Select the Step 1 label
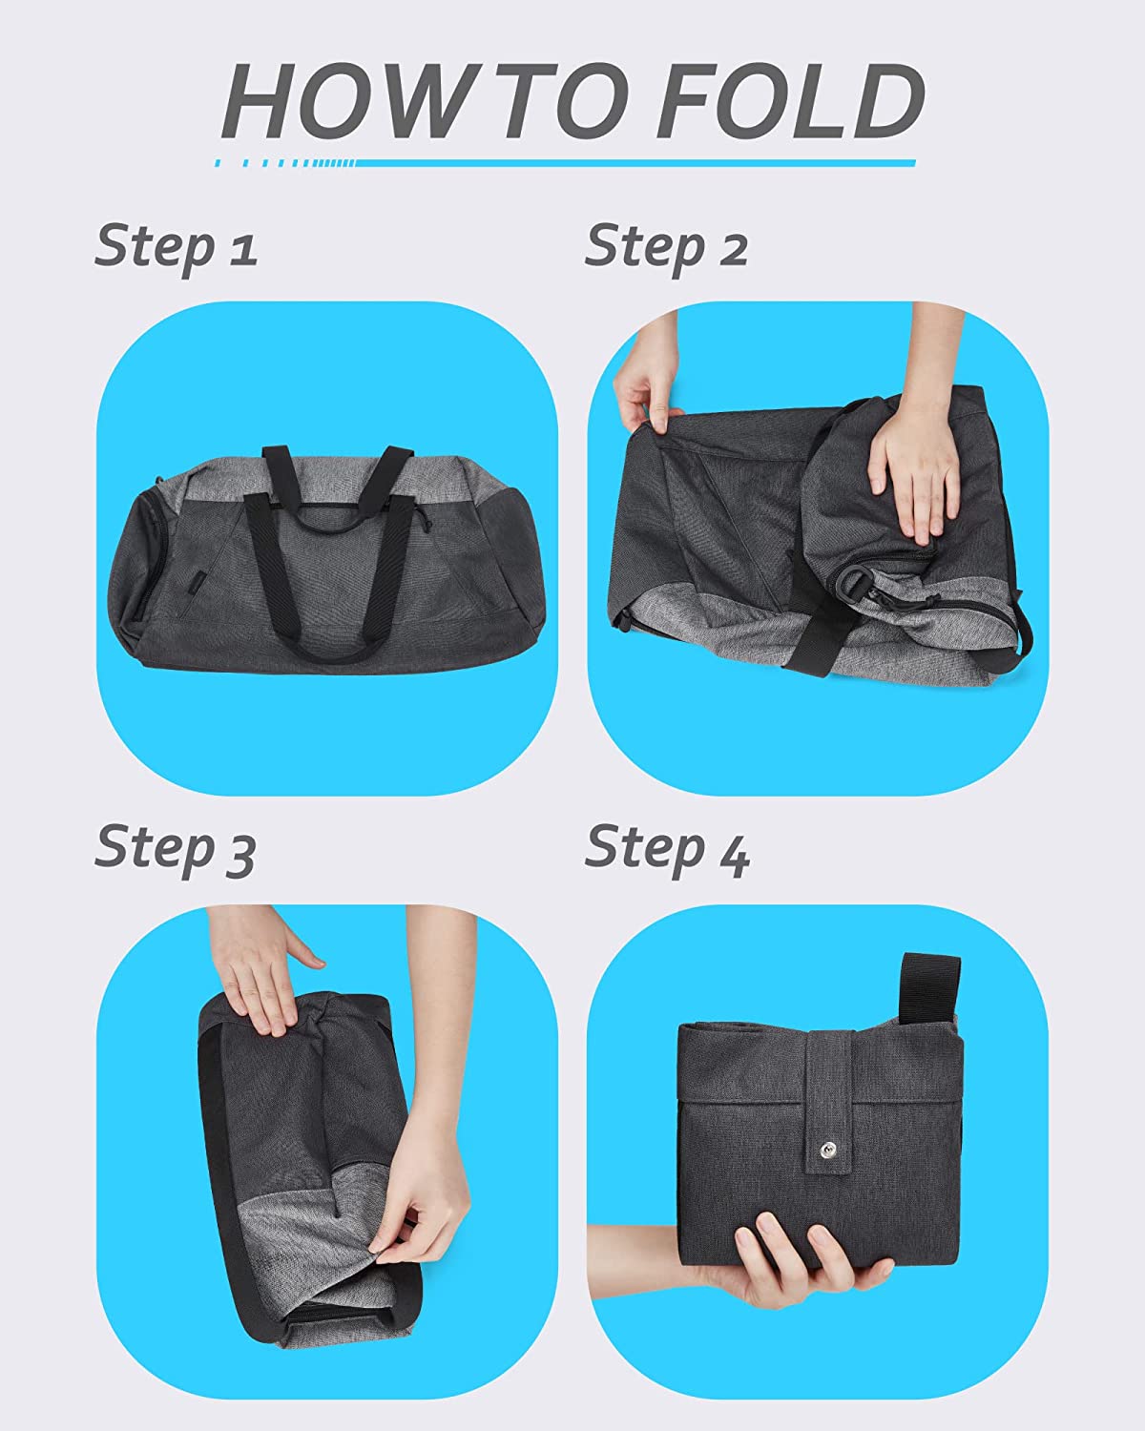point(175,249)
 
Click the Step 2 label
point(666,249)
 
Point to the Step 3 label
point(175,849)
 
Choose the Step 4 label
point(667,849)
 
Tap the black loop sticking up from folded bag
point(928,993)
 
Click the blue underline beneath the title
point(566,163)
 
